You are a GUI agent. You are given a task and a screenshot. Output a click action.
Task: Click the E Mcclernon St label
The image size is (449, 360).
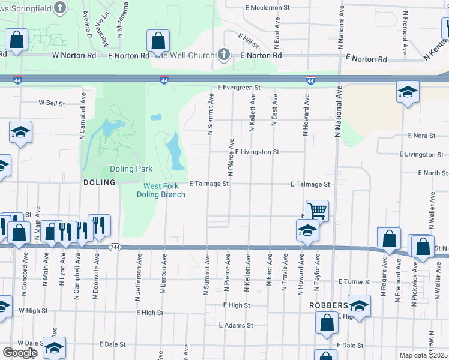click(x=267, y=8)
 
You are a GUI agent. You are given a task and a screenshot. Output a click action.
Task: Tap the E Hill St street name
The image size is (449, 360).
click(x=247, y=41)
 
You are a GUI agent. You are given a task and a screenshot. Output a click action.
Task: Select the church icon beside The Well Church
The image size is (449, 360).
click(x=223, y=55)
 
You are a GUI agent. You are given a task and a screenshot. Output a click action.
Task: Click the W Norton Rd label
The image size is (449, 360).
click(x=74, y=55)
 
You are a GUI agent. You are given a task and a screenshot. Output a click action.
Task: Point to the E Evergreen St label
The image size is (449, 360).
click(x=239, y=88)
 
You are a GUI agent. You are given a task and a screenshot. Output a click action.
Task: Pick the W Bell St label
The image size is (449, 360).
click(x=52, y=103)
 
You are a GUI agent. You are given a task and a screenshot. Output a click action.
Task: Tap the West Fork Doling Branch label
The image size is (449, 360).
click(x=161, y=190)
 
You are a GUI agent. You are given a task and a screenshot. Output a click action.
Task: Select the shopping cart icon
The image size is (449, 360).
click(x=317, y=210)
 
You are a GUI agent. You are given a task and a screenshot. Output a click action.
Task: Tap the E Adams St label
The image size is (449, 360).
click(x=236, y=325)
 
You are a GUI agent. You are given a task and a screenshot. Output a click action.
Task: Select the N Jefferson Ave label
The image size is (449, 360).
click(x=139, y=277)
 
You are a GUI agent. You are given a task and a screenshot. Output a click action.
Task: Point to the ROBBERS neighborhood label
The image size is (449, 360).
click(x=328, y=305)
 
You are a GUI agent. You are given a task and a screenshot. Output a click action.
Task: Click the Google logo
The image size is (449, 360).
click(x=20, y=352)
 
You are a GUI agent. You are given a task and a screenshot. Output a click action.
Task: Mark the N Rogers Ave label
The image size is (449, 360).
click(x=384, y=277)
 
